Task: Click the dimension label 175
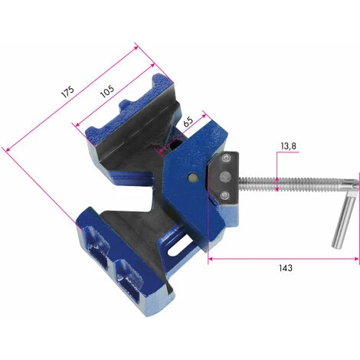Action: [x=67, y=91]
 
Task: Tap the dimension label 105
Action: [x=107, y=91]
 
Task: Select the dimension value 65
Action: [x=188, y=122]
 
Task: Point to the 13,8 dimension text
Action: [x=288, y=146]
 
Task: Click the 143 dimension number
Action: [x=285, y=268]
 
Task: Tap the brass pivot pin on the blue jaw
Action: [x=192, y=177]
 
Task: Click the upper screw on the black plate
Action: [x=225, y=158]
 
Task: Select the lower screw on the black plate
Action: [x=225, y=195]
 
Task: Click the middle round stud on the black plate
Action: [x=225, y=176]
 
